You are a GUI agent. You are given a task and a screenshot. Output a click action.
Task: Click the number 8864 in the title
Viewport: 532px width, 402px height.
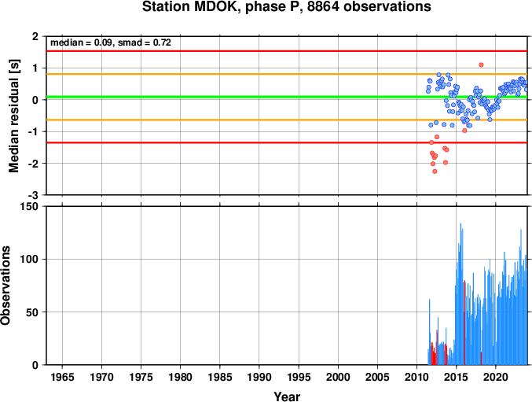pyautogui.click(x=323, y=7)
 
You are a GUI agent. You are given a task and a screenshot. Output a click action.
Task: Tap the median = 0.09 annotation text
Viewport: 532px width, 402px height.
pyautogui.click(x=82, y=42)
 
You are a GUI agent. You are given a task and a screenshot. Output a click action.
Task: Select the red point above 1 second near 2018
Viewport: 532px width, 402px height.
pyautogui.click(x=481, y=65)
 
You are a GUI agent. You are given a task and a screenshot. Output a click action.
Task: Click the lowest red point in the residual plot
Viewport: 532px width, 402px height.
pyautogui.click(x=435, y=171)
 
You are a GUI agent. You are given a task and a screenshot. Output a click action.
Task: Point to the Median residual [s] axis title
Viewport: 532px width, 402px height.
pyautogui.click(x=14, y=116)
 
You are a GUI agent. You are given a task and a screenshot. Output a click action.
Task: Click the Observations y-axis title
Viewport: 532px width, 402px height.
pyautogui.click(x=6, y=286)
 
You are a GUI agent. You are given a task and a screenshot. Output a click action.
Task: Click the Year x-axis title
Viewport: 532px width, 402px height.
pyautogui.click(x=287, y=396)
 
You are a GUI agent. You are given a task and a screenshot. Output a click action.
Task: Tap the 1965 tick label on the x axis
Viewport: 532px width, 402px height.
pyautogui.click(x=62, y=377)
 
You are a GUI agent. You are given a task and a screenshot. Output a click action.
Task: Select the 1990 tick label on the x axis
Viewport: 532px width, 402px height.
pyautogui.click(x=259, y=377)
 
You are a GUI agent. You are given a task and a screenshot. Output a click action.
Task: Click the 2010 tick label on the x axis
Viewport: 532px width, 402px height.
pyautogui.click(x=416, y=377)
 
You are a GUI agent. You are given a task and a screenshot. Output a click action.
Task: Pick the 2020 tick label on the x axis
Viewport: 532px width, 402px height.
pyautogui.click(x=496, y=377)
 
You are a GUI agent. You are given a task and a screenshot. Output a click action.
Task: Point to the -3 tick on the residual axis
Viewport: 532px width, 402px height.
pyautogui.click(x=35, y=195)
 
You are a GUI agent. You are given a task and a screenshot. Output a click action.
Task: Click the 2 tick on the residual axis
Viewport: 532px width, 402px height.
pyautogui.click(x=35, y=36)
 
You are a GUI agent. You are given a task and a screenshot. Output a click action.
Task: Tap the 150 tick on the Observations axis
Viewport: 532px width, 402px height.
pyautogui.click(x=31, y=206)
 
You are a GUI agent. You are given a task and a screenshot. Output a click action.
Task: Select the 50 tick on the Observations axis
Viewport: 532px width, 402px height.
pyautogui.click(x=32, y=312)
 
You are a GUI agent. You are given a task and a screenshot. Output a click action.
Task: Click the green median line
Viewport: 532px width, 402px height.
pyautogui.click(x=287, y=97)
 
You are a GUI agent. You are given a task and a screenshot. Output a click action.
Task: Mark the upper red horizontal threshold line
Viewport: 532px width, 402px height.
pyautogui.click(x=287, y=51)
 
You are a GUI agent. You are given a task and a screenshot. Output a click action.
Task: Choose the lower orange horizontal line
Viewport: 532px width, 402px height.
pyautogui.click(x=287, y=120)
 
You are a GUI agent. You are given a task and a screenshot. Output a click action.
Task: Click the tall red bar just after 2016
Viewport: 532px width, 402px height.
pyautogui.click(x=464, y=323)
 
